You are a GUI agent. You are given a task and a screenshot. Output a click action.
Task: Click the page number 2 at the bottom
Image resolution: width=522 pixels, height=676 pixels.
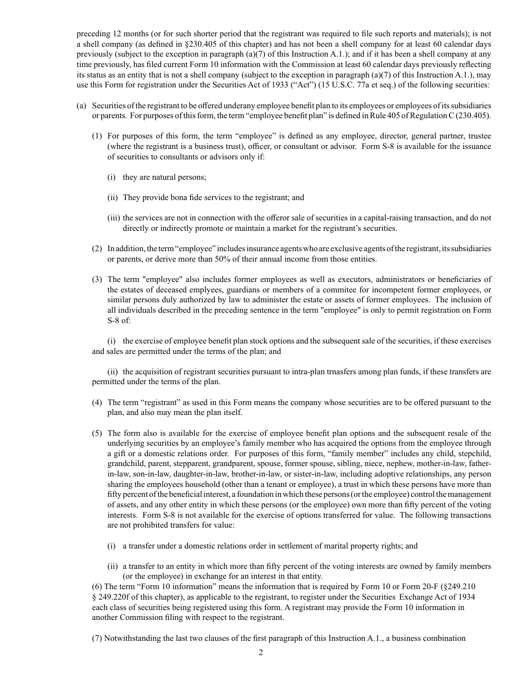click(261, 652)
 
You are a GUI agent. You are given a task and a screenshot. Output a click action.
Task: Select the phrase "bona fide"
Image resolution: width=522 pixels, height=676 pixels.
click(171, 197)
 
